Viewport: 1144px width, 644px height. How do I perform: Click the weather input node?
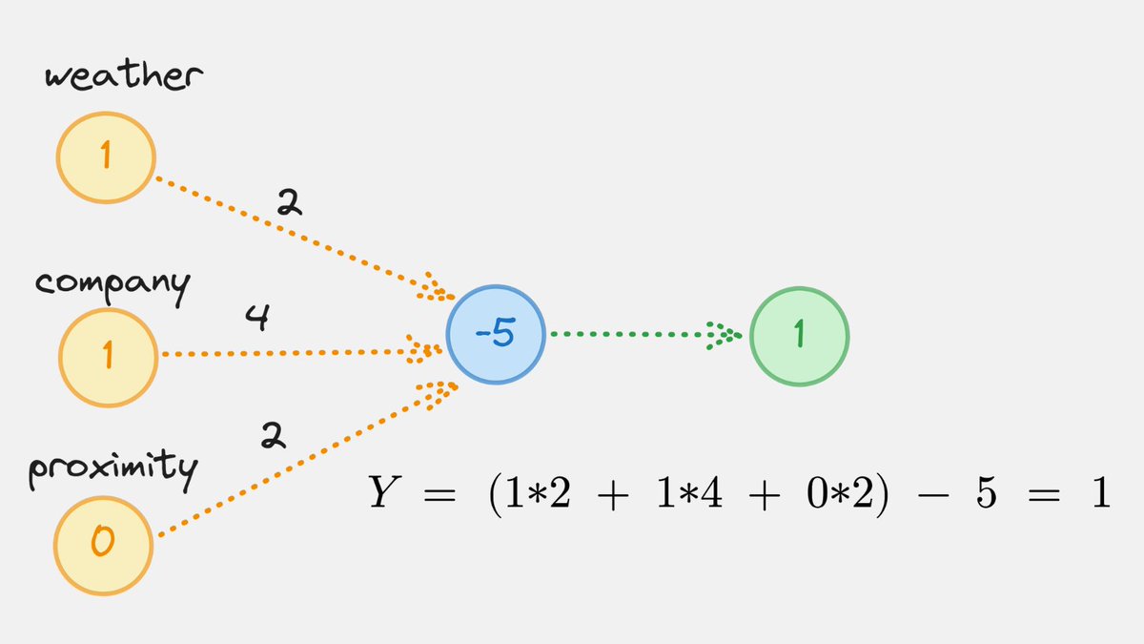point(106,156)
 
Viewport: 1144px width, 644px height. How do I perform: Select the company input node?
point(108,355)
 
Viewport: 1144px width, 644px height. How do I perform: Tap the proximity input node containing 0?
point(103,543)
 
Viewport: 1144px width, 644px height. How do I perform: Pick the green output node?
point(799,336)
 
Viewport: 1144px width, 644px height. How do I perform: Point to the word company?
point(112,284)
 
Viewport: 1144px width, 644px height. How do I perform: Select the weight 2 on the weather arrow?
point(288,202)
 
